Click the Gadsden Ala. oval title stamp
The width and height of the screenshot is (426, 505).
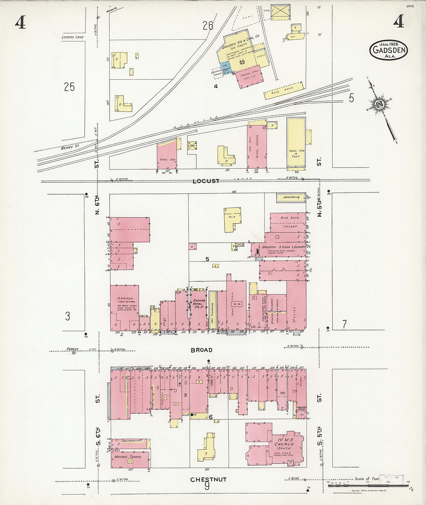[x=388, y=50]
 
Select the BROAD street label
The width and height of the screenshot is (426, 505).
[x=201, y=350]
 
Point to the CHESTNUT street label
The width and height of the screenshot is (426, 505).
[x=208, y=479]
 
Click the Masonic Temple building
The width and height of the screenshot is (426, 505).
[x=131, y=454]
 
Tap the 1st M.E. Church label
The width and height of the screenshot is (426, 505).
[x=284, y=444]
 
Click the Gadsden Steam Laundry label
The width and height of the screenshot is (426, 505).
[x=281, y=247]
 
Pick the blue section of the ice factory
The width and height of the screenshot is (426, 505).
[x=226, y=67]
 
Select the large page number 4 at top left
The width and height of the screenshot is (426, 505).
[x=20, y=23]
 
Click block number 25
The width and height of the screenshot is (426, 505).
[x=69, y=87]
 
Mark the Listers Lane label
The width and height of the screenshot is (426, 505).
[x=73, y=37]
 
